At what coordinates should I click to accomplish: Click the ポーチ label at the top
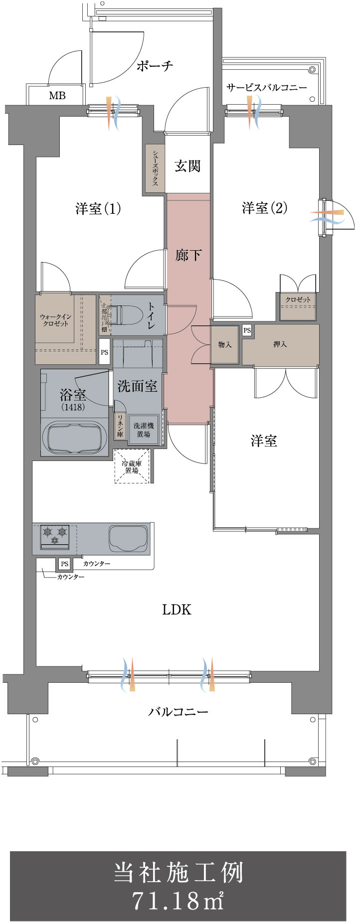155,66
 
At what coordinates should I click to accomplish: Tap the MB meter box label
57,95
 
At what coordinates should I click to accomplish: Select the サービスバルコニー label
266,88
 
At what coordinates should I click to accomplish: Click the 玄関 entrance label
187,166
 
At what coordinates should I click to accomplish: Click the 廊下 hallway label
188,255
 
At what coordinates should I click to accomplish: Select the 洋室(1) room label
98,208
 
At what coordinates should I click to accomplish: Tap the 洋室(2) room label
264,208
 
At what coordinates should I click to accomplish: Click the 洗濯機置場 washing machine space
143,430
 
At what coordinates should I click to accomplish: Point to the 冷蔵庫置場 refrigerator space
132,466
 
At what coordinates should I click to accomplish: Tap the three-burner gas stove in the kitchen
55,536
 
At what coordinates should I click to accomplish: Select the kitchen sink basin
129,538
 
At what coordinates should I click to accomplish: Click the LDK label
177,610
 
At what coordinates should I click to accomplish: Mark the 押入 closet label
280,344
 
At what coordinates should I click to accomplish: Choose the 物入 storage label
225,344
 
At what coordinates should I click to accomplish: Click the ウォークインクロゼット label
55,320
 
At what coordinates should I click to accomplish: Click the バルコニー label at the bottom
178,712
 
